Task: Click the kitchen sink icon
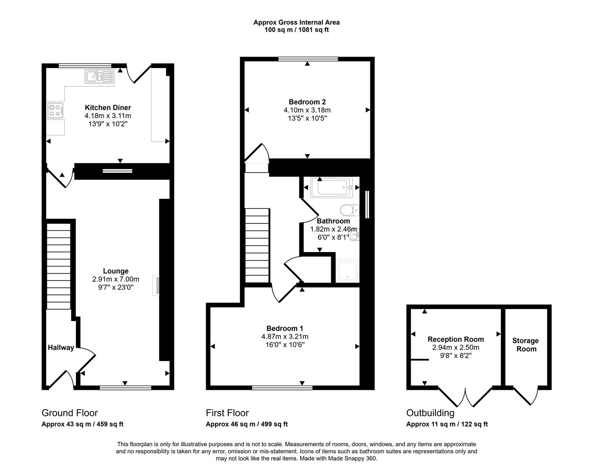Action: click(99, 77)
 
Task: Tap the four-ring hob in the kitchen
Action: click(55, 110)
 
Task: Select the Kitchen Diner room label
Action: click(108, 108)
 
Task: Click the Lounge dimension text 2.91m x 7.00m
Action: click(116, 279)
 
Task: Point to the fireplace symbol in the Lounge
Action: click(156, 286)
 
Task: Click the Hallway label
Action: click(61, 348)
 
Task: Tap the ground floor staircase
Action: click(58, 266)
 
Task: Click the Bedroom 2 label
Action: click(307, 102)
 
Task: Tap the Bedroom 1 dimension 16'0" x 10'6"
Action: click(285, 345)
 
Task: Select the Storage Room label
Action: click(525, 345)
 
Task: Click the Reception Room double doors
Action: click(466, 396)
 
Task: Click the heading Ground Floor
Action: click(69, 413)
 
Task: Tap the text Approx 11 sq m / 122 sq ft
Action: click(447, 424)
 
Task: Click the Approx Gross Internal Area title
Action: click(296, 22)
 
